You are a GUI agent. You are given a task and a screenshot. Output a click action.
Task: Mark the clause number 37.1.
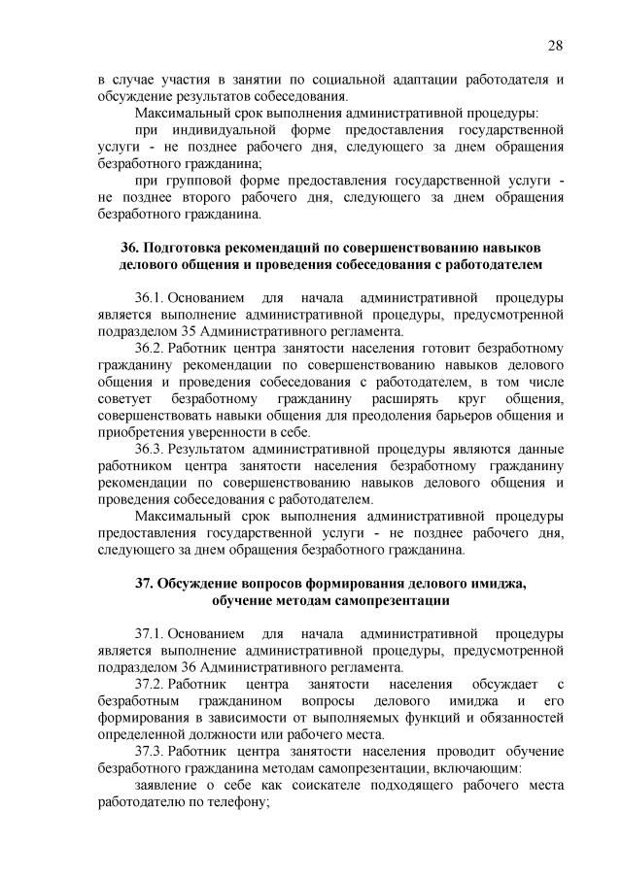(150, 633)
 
